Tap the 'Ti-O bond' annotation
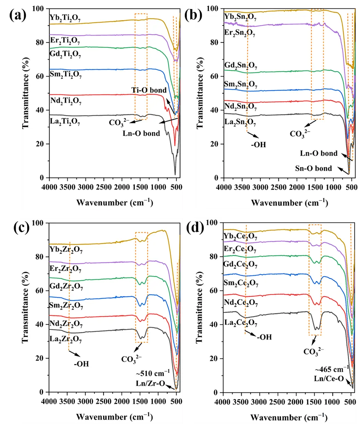149,90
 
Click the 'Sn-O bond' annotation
313,169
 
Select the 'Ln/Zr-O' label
150,383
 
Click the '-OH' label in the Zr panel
81,364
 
